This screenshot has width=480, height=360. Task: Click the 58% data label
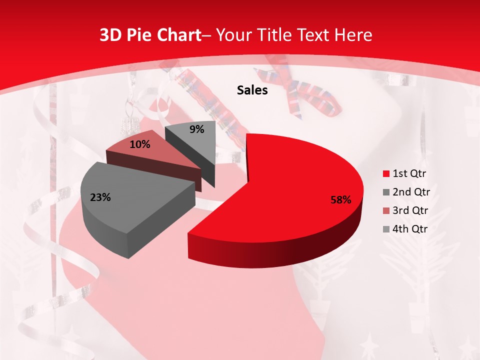pyautogui.click(x=341, y=200)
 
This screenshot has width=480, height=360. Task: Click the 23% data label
pyautogui.click(x=100, y=197)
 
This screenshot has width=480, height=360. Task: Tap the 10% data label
pyautogui.click(x=139, y=144)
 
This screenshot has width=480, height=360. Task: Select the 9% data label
pyautogui.click(x=197, y=129)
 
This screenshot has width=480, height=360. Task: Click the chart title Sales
pyautogui.click(x=252, y=90)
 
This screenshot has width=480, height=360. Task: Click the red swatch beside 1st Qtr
pyautogui.click(x=386, y=174)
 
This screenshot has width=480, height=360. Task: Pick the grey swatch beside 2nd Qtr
pyautogui.click(x=386, y=192)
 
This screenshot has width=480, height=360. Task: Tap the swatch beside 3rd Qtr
pyautogui.click(x=386, y=211)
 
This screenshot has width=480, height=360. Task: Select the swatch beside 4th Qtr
pyautogui.click(x=386, y=229)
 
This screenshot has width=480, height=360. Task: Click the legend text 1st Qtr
pyautogui.click(x=409, y=174)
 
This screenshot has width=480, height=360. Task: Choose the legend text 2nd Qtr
pyautogui.click(x=411, y=192)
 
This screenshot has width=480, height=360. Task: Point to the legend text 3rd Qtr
pyautogui.click(x=411, y=211)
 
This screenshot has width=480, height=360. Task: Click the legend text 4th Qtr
pyautogui.click(x=411, y=229)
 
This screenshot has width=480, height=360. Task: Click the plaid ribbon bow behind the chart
pyautogui.click(x=310, y=95)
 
